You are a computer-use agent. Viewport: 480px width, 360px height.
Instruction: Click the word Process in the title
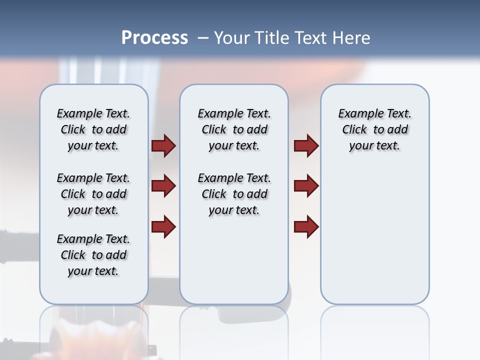point(154,38)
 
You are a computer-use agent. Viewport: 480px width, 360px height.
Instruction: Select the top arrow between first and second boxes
point(163,146)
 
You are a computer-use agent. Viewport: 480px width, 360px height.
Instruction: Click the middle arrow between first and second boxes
point(163,186)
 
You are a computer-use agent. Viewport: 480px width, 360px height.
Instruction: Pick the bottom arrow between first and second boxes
point(163,227)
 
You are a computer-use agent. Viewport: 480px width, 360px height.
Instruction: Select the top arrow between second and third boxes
point(306,146)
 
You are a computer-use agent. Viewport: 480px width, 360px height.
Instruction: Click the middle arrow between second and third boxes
point(306,186)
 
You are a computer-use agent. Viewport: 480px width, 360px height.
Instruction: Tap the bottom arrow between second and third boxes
point(306,227)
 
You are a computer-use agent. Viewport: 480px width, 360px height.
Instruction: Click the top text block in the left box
point(93,129)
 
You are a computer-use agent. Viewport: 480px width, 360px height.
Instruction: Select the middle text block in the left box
point(93,194)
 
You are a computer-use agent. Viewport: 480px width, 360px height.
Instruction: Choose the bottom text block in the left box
point(93,255)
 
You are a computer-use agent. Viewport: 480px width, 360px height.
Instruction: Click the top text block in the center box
point(234,129)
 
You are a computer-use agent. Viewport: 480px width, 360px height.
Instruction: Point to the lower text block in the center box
point(234,194)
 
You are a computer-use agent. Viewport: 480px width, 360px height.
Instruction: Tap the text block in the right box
point(374,129)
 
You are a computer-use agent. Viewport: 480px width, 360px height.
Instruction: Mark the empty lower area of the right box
point(374,235)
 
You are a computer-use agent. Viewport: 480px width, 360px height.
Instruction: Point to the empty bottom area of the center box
point(234,265)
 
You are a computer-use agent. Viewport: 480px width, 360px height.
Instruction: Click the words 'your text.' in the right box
point(374,145)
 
